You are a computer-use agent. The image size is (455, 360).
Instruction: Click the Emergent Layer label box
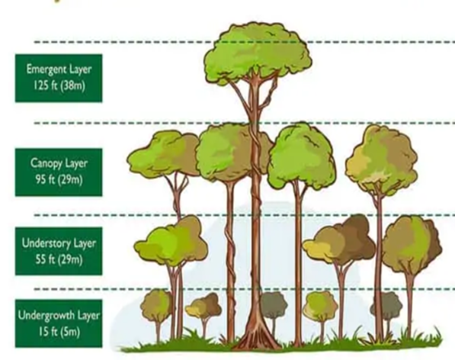[x=59, y=78]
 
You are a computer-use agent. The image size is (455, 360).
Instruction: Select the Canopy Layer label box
[x=59, y=172]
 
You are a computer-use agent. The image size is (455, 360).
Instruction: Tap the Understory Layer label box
[x=59, y=251]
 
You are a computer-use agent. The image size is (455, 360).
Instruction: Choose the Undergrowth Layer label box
[x=59, y=323]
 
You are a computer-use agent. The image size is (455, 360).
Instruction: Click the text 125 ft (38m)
[x=59, y=86]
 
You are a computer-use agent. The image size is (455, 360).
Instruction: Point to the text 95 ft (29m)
[x=59, y=180]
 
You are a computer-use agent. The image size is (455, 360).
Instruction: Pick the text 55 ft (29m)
[x=59, y=259]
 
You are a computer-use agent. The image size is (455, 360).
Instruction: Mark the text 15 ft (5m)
[x=59, y=332]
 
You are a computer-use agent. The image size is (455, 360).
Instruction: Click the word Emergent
[x=46, y=70]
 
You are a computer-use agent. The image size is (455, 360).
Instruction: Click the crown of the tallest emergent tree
[x=258, y=53]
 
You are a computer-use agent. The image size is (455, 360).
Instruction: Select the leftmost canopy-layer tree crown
[x=164, y=154]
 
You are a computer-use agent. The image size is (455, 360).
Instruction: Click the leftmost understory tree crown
[x=171, y=241]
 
